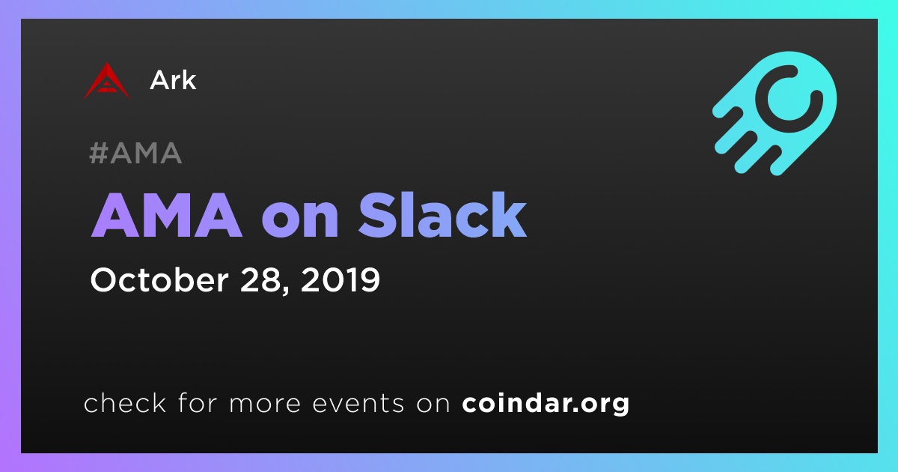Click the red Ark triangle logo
(x=106, y=82)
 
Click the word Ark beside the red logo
(x=173, y=80)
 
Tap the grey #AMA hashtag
(x=135, y=154)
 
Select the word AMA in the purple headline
(x=166, y=216)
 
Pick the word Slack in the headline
(x=442, y=215)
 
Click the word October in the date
(x=159, y=279)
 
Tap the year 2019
(x=340, y=280)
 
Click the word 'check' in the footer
(x=125, y=402)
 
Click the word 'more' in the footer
(x=265, y=405)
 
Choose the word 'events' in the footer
(x=358, y=404)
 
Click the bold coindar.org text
(x=546, y=404)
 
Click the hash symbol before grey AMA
(x=98, y=154)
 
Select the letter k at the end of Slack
(x=509, y=215)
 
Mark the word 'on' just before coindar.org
(x=433, y=405)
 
